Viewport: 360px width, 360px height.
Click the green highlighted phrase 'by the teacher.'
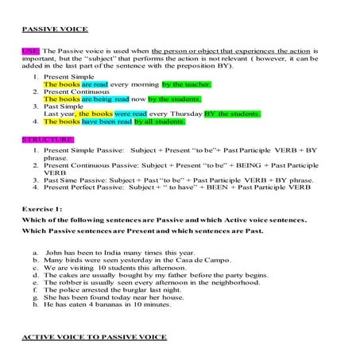tap(186, 83)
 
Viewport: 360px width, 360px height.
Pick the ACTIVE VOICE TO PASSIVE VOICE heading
tap(95, 337)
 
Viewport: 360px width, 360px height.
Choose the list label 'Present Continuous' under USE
tap(78, 91)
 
